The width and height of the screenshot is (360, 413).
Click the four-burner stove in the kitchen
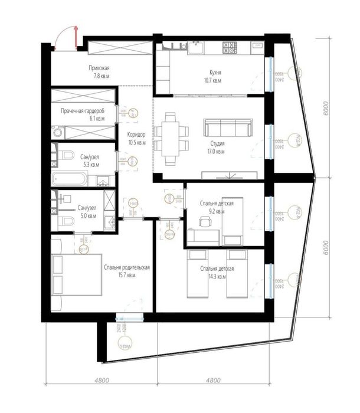point(229,46)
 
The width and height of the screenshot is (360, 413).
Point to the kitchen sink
point(194,46)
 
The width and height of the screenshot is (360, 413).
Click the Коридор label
point(136,134)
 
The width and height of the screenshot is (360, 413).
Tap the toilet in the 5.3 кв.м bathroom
point(66,156)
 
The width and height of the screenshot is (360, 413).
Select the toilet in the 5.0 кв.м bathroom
point(66,222)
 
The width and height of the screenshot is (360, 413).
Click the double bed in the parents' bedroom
point(74,274)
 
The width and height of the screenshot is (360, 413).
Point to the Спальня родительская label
point(127,267)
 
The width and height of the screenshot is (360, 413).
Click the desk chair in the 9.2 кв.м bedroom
point(204,222)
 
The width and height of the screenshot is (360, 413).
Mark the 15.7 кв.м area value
point(127,274)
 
